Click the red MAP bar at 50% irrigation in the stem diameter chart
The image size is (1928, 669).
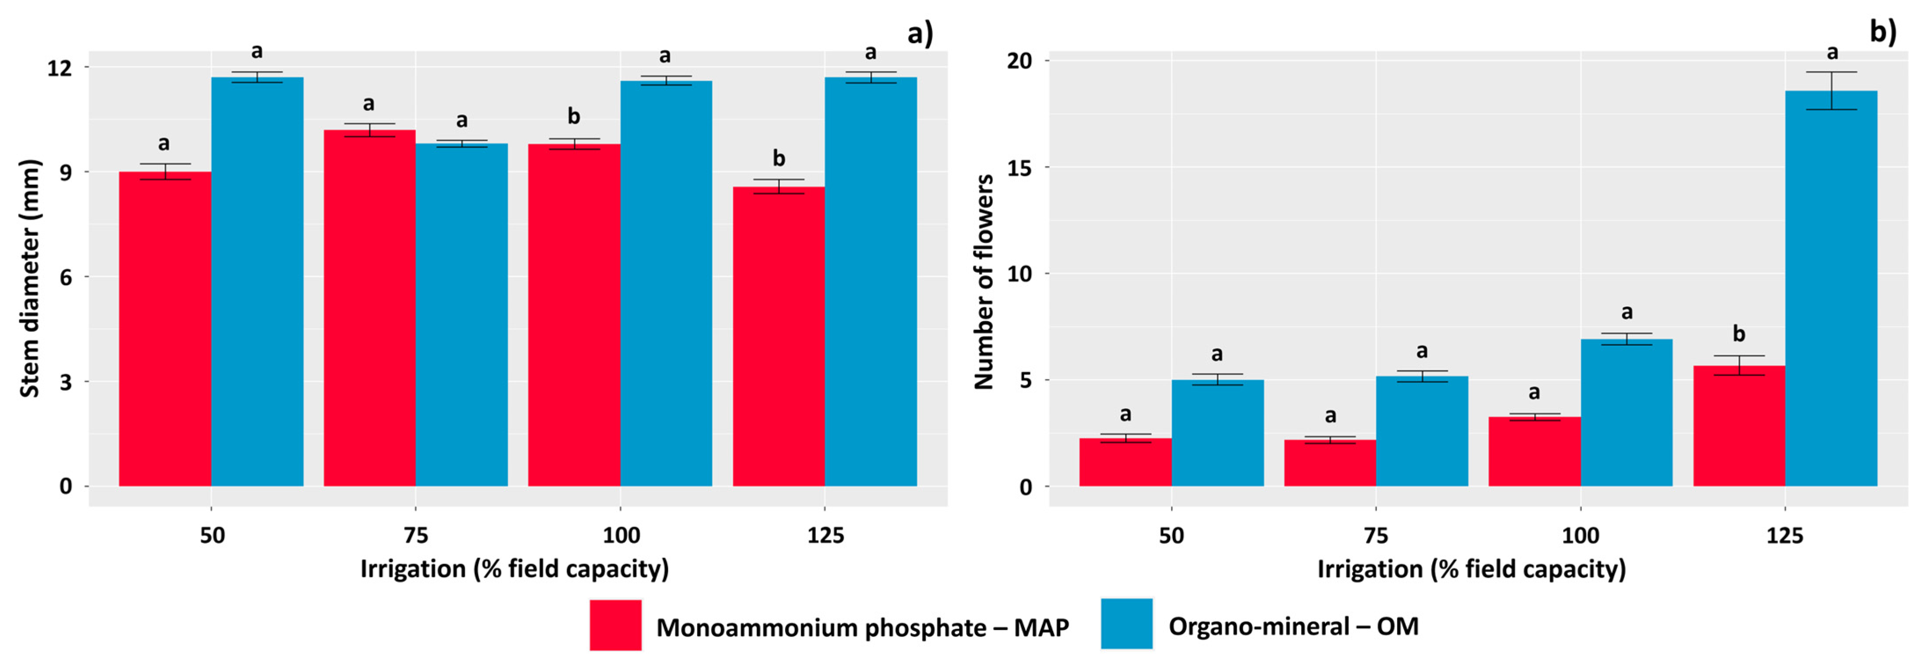click(165, 329)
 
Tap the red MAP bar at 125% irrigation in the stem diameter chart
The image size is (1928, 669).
click(778, 337)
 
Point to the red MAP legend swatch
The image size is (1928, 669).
click(615, 625)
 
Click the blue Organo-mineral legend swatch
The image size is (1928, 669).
click(1126, 623)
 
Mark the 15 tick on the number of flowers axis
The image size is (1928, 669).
click(1019, 168)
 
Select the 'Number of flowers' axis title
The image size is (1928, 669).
click(983, 282)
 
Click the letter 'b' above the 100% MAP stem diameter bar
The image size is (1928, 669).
click(573, 116)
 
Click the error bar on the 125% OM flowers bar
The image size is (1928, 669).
click(1831, 90)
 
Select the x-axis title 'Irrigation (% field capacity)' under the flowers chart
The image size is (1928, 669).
click(1471, 569)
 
